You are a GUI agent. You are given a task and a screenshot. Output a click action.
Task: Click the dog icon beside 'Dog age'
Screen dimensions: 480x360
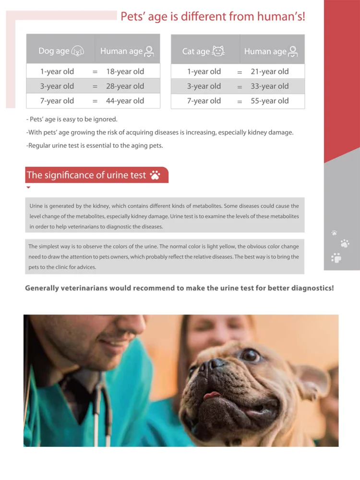77,51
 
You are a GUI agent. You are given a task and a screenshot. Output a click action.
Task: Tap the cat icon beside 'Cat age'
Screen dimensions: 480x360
218,51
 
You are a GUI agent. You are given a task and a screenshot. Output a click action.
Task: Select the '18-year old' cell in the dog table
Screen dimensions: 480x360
125,72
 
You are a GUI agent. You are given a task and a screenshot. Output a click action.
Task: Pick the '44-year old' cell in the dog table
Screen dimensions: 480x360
125,101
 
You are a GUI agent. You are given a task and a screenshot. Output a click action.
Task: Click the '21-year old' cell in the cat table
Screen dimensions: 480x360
269,72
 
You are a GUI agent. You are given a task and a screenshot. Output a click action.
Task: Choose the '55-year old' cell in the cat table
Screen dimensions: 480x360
269,101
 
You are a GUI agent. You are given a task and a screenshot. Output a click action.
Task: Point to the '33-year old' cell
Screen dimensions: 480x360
269,86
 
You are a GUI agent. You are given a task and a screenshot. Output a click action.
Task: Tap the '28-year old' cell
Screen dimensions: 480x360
125,86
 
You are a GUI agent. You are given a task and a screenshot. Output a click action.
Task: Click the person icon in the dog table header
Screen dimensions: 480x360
150,51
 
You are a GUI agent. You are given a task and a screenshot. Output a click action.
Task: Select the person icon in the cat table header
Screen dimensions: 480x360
294,51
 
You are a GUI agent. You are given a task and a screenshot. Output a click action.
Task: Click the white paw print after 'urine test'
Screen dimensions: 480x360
155,175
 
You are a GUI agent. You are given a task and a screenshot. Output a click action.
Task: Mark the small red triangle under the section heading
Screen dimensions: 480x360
28,188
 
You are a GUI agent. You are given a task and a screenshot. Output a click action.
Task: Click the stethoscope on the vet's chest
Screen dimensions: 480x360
101,408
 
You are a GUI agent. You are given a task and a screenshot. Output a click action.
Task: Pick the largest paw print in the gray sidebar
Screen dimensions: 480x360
336,258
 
